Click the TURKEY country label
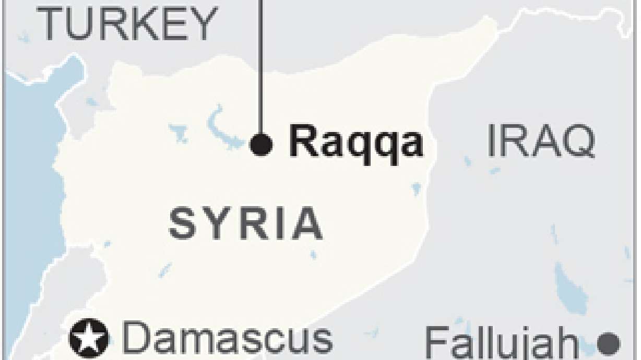pos(128,25)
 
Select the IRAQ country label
pos(541,141)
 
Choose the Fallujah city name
pos(501,344)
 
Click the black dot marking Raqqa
pos(261,144)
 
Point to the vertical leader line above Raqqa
pos(260,63)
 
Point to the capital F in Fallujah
pos(437,344)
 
